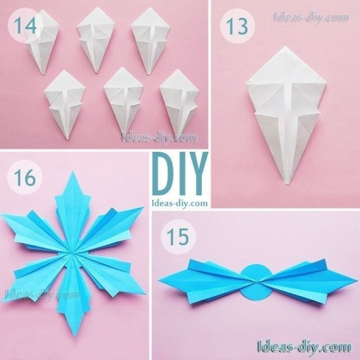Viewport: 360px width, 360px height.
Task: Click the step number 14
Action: pyautogui.click(x=25, y=26)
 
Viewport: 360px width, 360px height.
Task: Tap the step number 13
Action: pyautogui.click(x=237, y=26)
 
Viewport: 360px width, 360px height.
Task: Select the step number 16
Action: pyautogui.click(x=25, y=177)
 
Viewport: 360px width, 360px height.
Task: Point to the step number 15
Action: pyautogui.click(x=178, y=237)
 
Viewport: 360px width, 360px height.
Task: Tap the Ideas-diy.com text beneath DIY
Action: pyautogui.click(x=180, y=203)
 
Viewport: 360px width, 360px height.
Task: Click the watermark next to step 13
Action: pyautogui.click(x=311, y=18)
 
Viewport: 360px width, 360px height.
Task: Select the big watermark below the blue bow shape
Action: pyautogui.click(x=305, y=346)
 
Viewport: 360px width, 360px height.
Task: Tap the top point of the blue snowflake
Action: pyautogui.click(x=73, y=171)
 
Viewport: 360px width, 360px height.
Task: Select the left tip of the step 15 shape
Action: pyautogui.click(x=159, y=280)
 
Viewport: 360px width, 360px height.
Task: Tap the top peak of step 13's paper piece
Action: pyautogui.click(x=285, y=46)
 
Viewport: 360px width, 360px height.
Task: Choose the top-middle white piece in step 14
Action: pyautogui.click(x=95, y=40)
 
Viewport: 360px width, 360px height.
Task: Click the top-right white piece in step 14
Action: pyautogui.click(x=151, y=41)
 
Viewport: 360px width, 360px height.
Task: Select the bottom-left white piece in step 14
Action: pyautogui.click(x=65, y=104)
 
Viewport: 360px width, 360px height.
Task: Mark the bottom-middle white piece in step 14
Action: pyautogui.click(x=124, y=103)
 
